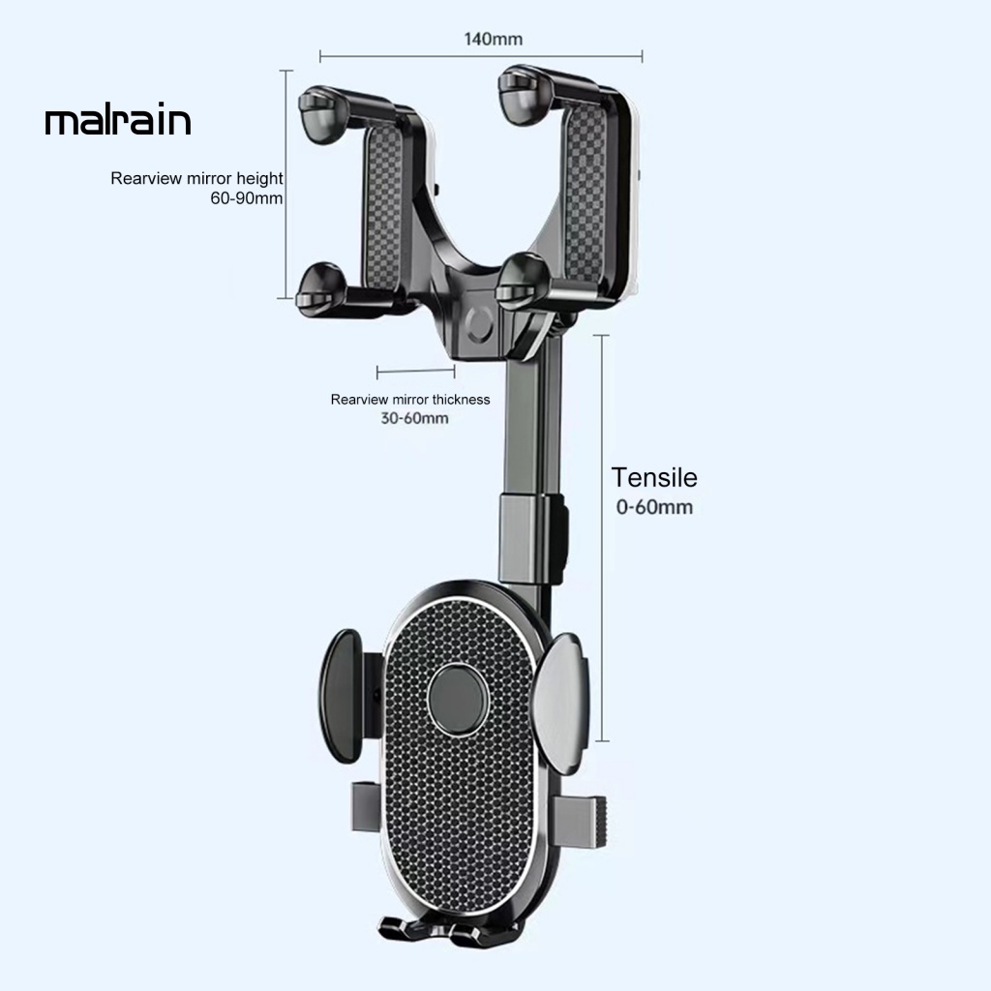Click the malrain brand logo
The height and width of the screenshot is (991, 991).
[x=117, y=121]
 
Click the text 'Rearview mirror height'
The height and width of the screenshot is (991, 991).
[x=196, y=178]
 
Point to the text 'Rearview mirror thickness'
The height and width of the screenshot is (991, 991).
[x=410, y=399]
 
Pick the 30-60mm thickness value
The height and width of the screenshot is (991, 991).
[x=414, y=418]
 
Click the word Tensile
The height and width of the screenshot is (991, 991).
[x=654, y=477]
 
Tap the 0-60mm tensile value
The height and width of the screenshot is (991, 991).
[x=654, y=507]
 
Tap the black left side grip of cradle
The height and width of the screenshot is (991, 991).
[x=342, y=693]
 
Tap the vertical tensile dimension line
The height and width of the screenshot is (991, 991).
[x=604, y=538]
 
